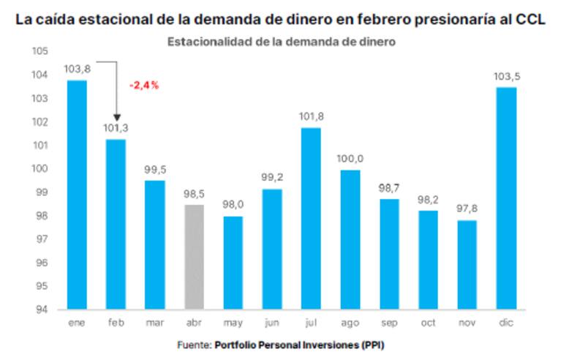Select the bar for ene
click(77, 194)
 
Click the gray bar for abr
click(194, 256)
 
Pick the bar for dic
click(506, 198)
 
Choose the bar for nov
click(467, 264)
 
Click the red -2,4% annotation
click(144, 85)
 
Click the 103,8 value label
click(77, 69)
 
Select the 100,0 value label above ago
click(350, 159)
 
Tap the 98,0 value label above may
click(233, 206)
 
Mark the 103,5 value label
click(506, 76)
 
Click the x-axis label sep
click(389, 322)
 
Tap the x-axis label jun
click(271, 322)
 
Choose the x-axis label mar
click(154, 322)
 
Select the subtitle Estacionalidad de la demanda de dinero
click(282, 42)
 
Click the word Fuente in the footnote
click(192, 344)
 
